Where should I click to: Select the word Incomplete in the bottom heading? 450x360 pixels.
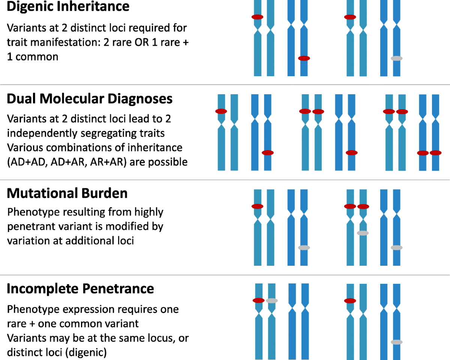coord(43,289)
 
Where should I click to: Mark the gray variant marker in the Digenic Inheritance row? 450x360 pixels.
coord(396,58)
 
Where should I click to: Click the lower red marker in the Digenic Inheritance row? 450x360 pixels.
coord(304,58)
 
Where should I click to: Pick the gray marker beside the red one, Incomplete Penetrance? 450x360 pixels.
coord(271,300)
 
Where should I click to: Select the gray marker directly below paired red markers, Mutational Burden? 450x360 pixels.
coord(363,233)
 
